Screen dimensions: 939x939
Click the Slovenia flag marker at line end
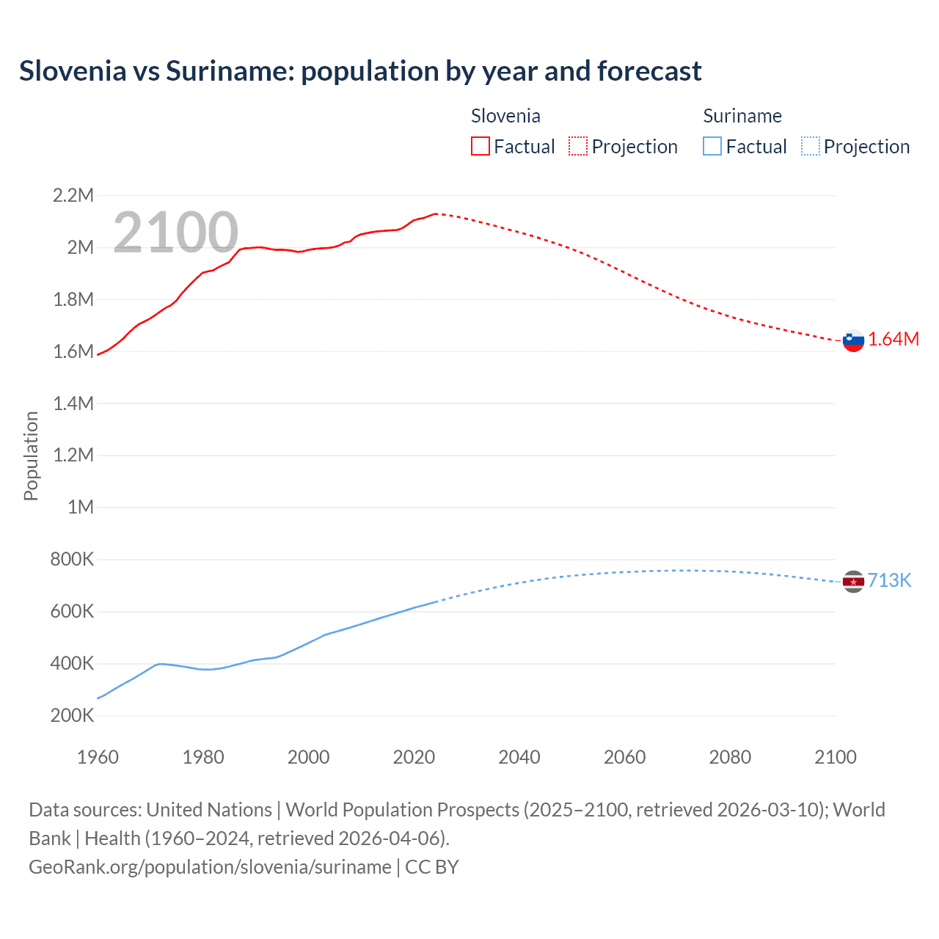pyautogui.click(x=853, y=340)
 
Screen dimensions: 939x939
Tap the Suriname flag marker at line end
pyautogui.click(x=853, y=581)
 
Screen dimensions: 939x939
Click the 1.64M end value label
pyautogui.click(x=894, y=339)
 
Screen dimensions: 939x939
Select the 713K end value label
pyautogui.click(x=889, y=580)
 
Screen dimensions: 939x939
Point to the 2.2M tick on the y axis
pyautogui.click(x=73, y=195)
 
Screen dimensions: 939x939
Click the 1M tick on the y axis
pyautogui.click(x=80, y=507)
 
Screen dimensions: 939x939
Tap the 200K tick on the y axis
pyautogui.click(x=72, y=715)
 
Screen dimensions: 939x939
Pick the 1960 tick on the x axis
pyautogui.click(x=98, y=757)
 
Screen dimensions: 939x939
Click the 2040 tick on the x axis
pyautogui.click(x=519, y=757)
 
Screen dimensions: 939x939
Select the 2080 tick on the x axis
pyautogui.click(x=730, y=757)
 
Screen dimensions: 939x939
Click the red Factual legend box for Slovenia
pyautogui.click(x=481, y=147)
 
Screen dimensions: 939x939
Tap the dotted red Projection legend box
pyautogui.click(x=578, y=147)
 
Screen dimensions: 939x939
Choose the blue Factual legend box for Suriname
pyautogui.click(x=712, y=147)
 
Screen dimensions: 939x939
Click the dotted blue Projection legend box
pyautogui.click(x=810, y=147)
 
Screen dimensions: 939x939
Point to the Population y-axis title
pyautogui.click(x=31, y=456)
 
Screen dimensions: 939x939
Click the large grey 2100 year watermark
pyautogui.click(x=175, y=233)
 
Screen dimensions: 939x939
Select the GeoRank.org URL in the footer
pyautogui.click(x=210, y=866)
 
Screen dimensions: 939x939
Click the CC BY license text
pyautogui.click(x=432, y=866)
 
